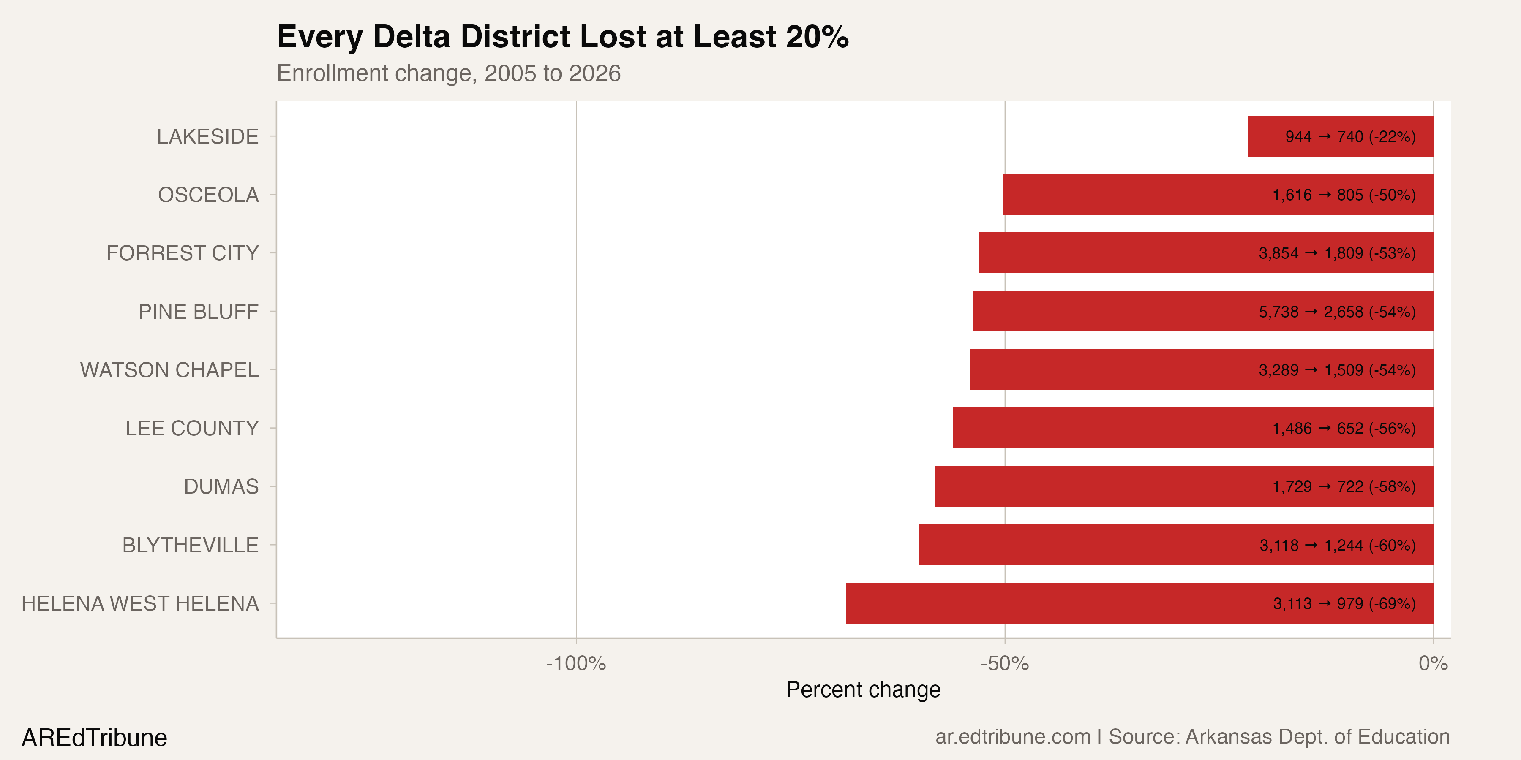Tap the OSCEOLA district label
(x=208, y=195)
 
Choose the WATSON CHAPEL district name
(x=169, y=370)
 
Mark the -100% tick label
(x=576, y=664)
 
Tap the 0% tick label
(x=1433, y=664)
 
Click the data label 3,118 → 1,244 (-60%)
(x=1337, y=545)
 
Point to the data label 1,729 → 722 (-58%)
(x=1344, y=487)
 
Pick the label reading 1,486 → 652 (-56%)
(x=1344, y=429)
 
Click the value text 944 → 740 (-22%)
(x=1350, y=137)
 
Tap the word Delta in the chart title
(x=412, y=37)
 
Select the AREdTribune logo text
(x=95, y=738)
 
